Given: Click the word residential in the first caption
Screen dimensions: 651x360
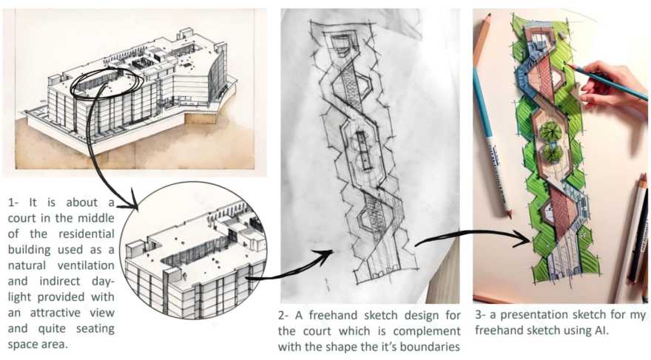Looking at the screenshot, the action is coord(87,234).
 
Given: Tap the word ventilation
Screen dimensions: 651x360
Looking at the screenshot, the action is coord(86,265).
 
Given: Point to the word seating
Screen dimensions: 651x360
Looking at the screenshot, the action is coord(95,329).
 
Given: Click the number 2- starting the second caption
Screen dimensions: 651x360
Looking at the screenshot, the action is coord(283,316).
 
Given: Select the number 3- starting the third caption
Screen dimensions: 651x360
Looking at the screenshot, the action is coord(480,315).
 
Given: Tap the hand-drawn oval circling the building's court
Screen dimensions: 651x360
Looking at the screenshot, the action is coord(107,83).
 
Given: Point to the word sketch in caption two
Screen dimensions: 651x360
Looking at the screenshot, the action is coord(381,316).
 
